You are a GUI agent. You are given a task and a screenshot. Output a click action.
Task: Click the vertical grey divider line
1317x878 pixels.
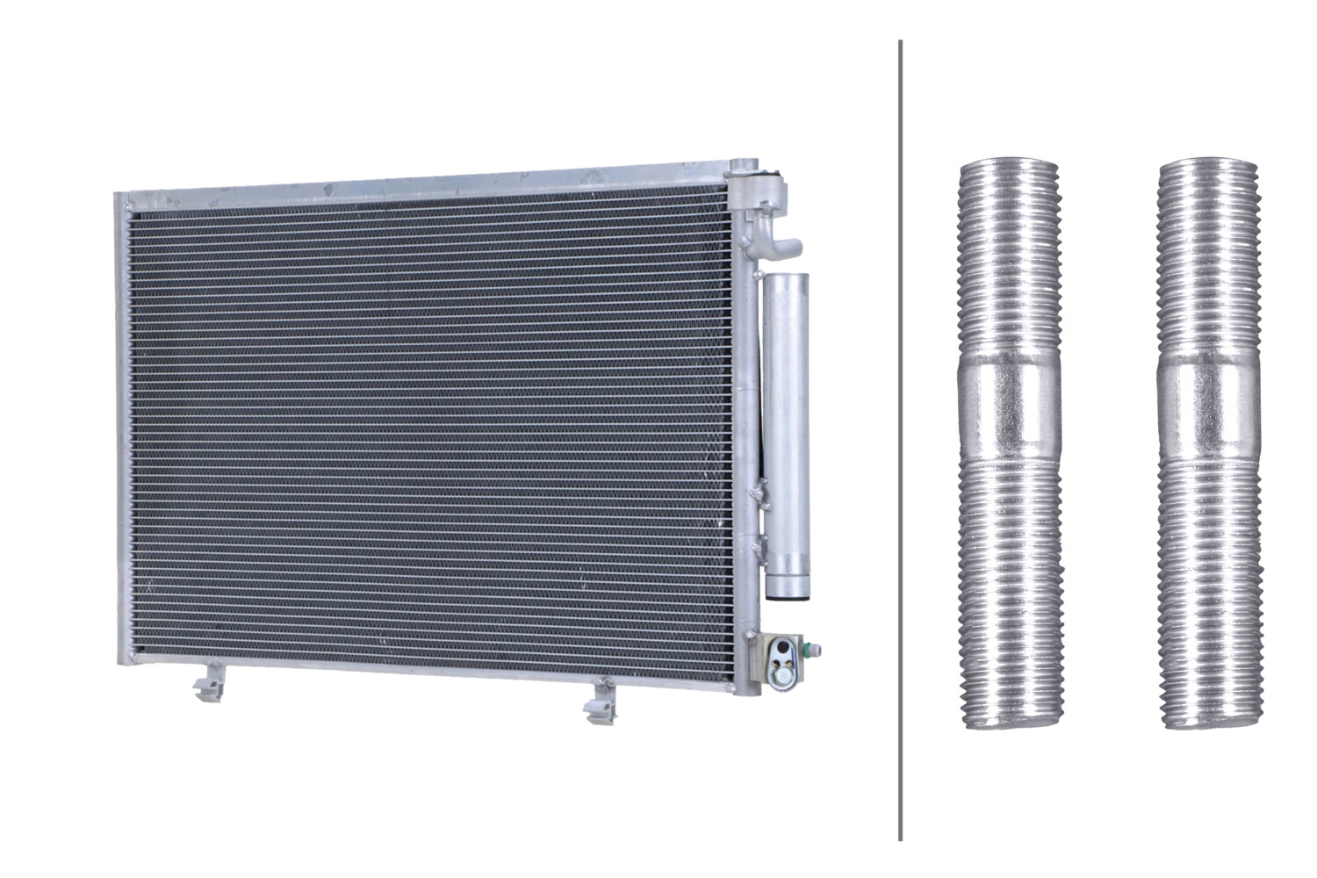(x=900, y=439)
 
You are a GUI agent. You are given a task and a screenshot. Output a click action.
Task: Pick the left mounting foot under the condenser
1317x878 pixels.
(x=207, y=682)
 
